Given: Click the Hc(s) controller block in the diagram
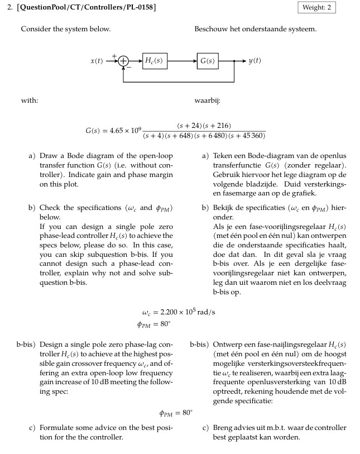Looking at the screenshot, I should tap(153, 60).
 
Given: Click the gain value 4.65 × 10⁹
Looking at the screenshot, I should tap(122, 131).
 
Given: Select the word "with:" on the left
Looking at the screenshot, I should tap(29, 101).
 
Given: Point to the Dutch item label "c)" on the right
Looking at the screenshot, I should tap(205, 428).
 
